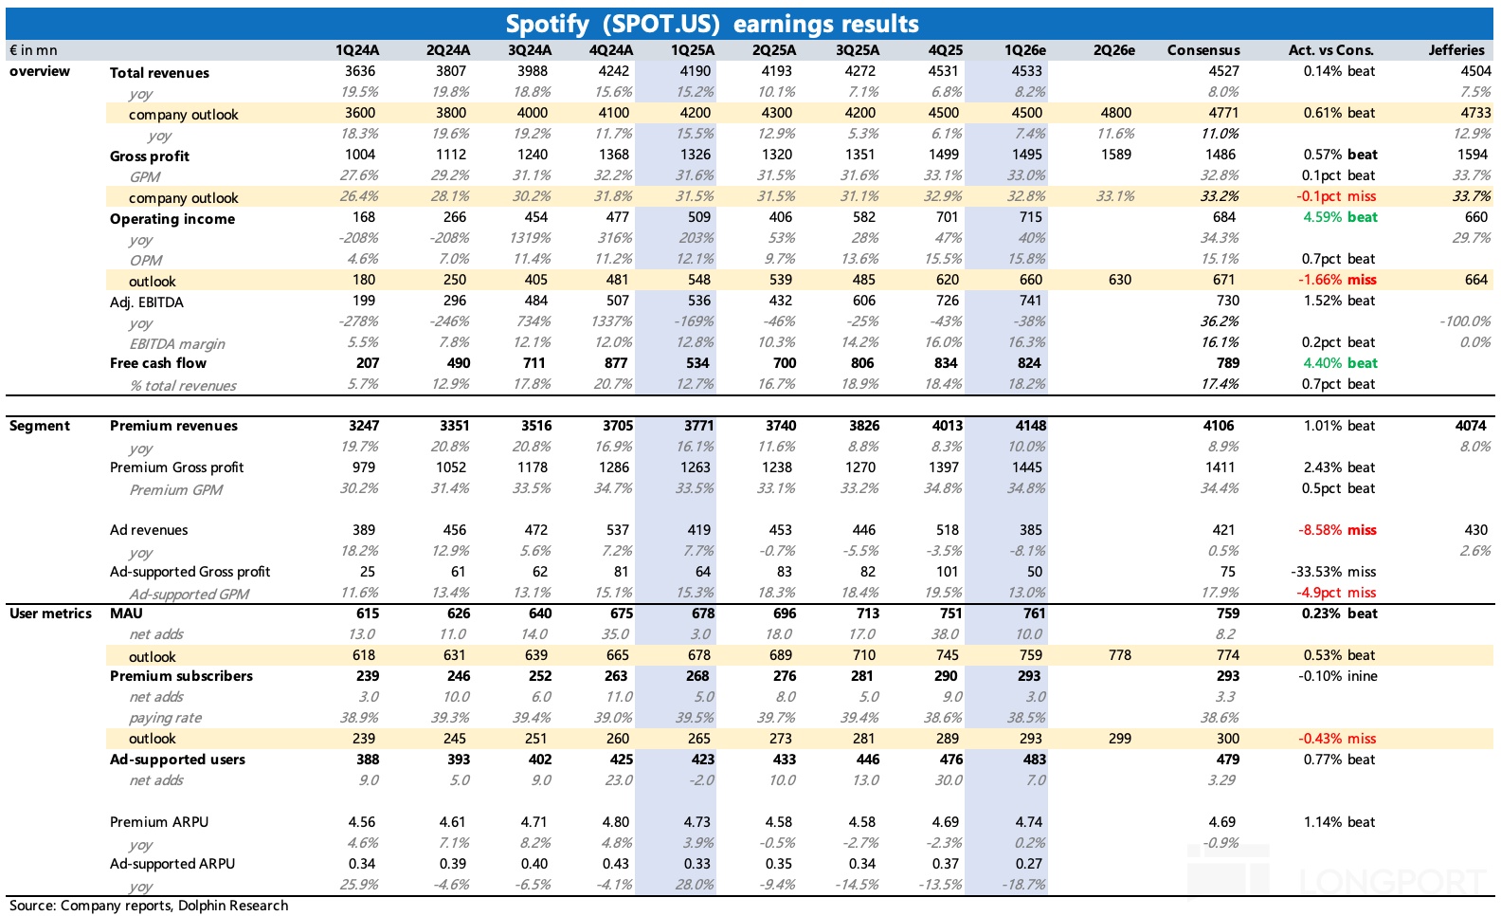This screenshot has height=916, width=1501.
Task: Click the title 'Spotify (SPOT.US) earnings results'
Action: tap(712, 23)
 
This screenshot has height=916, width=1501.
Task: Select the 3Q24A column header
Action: tap(529, 50)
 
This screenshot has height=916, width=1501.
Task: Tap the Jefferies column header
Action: tap(1456, 50)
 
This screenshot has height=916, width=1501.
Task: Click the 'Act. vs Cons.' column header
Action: tap(1330, 50)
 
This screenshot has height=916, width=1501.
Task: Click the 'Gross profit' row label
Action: tap(150, 156)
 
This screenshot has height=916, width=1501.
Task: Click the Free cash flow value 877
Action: tap(616, 363)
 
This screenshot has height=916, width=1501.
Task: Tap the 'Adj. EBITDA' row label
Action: tap(147, 302)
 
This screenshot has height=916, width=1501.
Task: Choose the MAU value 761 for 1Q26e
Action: tap(1034, 614)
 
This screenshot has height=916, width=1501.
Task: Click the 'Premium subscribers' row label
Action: tap(181, 676)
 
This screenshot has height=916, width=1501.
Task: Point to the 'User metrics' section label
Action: tap(50, 614)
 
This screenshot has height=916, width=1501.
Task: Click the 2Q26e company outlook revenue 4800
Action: tap(1116, 113)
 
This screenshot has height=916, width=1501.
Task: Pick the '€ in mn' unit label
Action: tap(33, 50)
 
